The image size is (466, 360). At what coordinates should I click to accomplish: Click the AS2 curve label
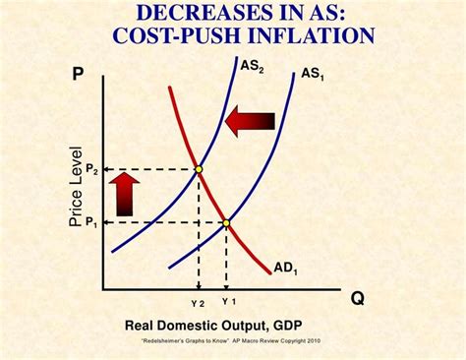point(253,67)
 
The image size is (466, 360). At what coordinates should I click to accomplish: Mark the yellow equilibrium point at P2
point(199,170)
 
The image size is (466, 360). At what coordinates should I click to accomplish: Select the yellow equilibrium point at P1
point(226,223)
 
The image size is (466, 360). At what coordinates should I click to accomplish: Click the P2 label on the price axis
point(92,170)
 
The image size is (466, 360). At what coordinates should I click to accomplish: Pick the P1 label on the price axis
point(92,223)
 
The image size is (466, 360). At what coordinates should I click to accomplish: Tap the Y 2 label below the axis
point(199,301)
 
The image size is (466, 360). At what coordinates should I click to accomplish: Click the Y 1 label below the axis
point(228,300)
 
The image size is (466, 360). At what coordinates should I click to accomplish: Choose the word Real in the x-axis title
point(141,326)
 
